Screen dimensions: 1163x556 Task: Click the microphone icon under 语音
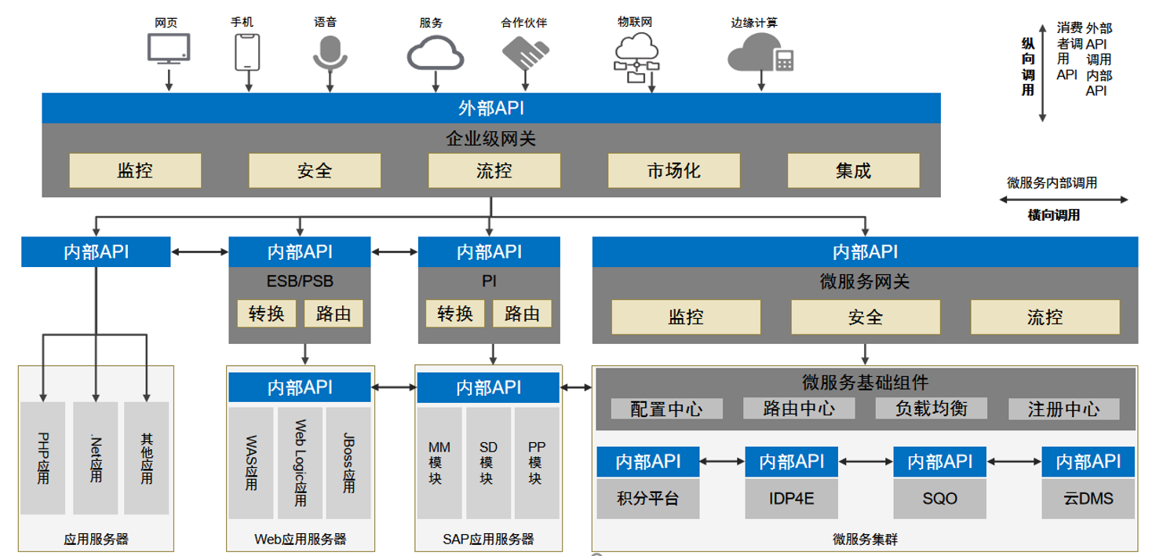point(330,52)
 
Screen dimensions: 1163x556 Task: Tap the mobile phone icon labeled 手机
point(247,52)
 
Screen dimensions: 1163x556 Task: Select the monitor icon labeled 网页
point(169,49)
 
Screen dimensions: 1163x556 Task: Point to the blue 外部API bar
point(491,108)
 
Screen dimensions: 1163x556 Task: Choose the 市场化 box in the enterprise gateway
point(674,170)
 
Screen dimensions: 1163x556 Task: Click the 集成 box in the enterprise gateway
point(854,170)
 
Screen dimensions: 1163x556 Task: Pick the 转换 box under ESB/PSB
point(266,313)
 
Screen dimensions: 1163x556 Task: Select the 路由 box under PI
point(522,313)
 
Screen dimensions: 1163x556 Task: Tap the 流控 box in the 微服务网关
point(1045,317)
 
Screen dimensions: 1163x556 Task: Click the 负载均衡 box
point(931,408)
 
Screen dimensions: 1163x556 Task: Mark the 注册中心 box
point(1064,409)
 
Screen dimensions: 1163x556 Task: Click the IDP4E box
point(791,499)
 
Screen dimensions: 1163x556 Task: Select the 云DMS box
point(1088,499)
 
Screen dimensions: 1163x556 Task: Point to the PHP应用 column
point(43,458)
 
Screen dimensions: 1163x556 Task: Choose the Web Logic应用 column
point(300,463)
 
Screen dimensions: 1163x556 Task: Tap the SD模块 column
point(488,463)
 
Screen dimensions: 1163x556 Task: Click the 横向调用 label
point(1054,215)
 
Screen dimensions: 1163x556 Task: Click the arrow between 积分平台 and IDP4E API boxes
point(722,462)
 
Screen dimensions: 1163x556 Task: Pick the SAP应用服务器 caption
point(488,539)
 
